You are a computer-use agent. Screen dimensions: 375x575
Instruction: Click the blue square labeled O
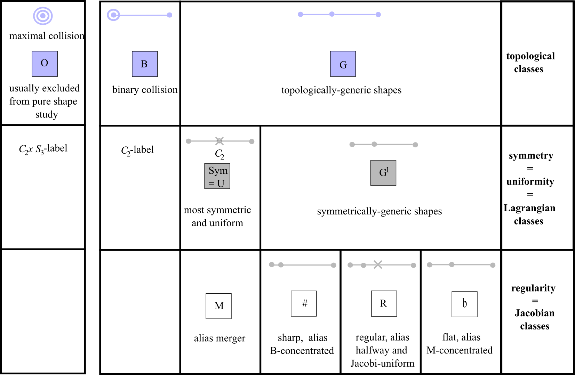(45, 64)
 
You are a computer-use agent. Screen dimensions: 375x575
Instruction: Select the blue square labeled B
(145, 64)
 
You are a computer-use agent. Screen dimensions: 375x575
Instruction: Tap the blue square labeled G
(343, 64)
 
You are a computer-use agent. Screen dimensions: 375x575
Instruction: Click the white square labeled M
(218, 306)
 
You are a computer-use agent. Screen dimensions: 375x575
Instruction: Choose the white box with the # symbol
(304, 303)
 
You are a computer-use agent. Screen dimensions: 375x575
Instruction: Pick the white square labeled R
(384, 303)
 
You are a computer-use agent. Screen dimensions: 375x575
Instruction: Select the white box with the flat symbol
(464, 304)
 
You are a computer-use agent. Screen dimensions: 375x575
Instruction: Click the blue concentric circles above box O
(43, 16)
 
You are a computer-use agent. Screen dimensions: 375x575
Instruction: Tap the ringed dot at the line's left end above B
(113, 15)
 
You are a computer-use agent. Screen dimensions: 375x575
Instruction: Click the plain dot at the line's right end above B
(169, 15)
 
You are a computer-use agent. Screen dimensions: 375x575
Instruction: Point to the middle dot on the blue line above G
(332, 14)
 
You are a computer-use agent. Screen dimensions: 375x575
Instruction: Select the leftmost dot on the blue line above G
(301, 14)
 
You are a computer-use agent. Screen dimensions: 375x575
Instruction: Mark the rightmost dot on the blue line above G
(378, 15)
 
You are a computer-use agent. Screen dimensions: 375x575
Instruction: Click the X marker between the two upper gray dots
(219, 140)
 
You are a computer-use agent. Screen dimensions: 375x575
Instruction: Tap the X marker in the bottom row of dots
(378, 264)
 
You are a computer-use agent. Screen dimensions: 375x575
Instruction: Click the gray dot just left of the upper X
(188, 141)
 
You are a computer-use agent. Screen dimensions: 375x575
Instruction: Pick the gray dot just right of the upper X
(251, 141)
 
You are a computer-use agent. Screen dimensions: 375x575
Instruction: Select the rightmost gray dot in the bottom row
(493, 265)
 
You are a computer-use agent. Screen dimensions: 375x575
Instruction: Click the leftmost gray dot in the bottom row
(272, 264)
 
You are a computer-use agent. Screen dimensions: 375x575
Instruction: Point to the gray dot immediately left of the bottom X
(363, 265)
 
